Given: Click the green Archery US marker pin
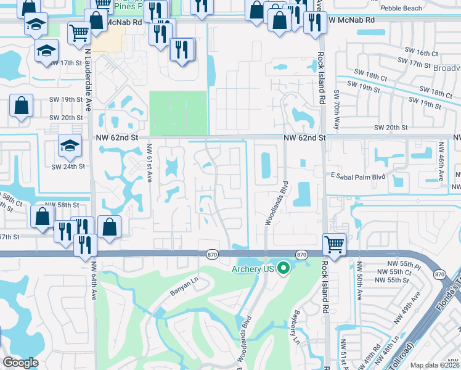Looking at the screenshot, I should pyautogui.click(x=284, y=268).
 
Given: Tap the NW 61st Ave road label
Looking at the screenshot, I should pyautogui.click(x=149, y=162).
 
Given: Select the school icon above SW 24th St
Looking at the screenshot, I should pyautogui.click(x=68, y=146).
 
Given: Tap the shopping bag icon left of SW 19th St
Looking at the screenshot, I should pyautogui.click(x=22, y=105).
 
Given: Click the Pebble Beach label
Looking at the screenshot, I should pyautogui.click(x=403, y=8).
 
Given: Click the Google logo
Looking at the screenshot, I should pyautogui.click(x=20, y=363).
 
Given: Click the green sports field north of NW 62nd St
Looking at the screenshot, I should pyautogui.click(x=179, y=113).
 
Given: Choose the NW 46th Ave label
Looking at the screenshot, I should pyautogui.click(x=441, y=161).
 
